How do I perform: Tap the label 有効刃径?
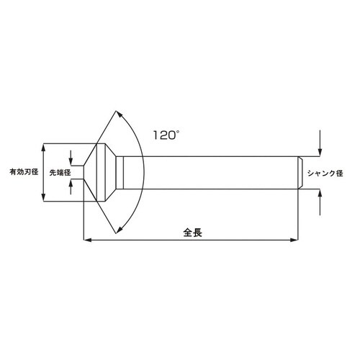coord(23,173)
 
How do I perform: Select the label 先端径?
coord(60,173)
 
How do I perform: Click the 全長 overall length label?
coord(192,233)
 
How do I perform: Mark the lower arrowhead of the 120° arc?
coord(118,230)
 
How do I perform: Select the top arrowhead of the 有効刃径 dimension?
coord(45,147)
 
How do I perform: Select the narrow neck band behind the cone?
coord(123,173)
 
